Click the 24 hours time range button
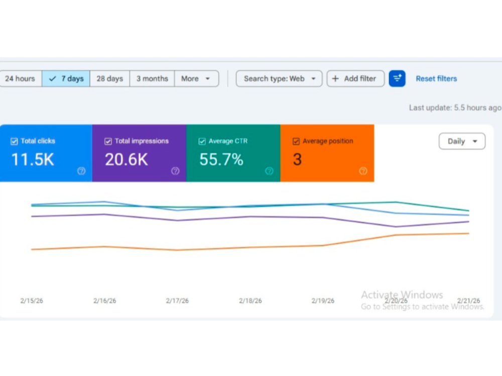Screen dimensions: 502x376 pyautogui.click(x=20, y=79)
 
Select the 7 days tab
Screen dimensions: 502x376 pyautogui.click(x=66, y=79)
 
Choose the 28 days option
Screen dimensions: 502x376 pyautogui.click(x=110, y=79)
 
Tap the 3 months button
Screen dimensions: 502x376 pyautogui.click(x=153, y=79)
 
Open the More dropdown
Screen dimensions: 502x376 pyautogui.click(x=196, y=79)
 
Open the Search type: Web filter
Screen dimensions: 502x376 pyautogui.click(x=279, y=79)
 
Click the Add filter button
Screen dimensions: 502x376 pyautogui.click(x=355, y=79)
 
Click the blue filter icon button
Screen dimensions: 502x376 pyautogui.click(x=397, y=79)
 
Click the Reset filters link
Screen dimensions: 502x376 pyautogui.click(x=436, y=79)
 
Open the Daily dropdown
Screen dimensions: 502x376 pyautogui.click(x=462, y=141)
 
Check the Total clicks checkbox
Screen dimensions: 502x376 pyautogui.click(x=14, y=141)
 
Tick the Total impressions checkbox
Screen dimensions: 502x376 pyautogui.click(x=108, y=141)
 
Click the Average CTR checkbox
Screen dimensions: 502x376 pyautogui.click(x=202, y=141)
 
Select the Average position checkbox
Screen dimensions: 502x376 pyautogui.click(x=296, y=141)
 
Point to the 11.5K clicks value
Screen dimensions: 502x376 pyautogui.click(x=33, y=159)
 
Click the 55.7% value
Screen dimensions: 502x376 pyautogui.click(x=221, y=159)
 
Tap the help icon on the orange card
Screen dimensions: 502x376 pyautogui.click(x=363, y=171)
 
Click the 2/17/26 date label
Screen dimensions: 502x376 pyautogui.click(x=177, y=301)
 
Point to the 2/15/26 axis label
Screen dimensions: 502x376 pyautogui.click(x=32, y=301)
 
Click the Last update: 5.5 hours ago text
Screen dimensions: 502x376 pyautogui.click(x=455, y=108)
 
